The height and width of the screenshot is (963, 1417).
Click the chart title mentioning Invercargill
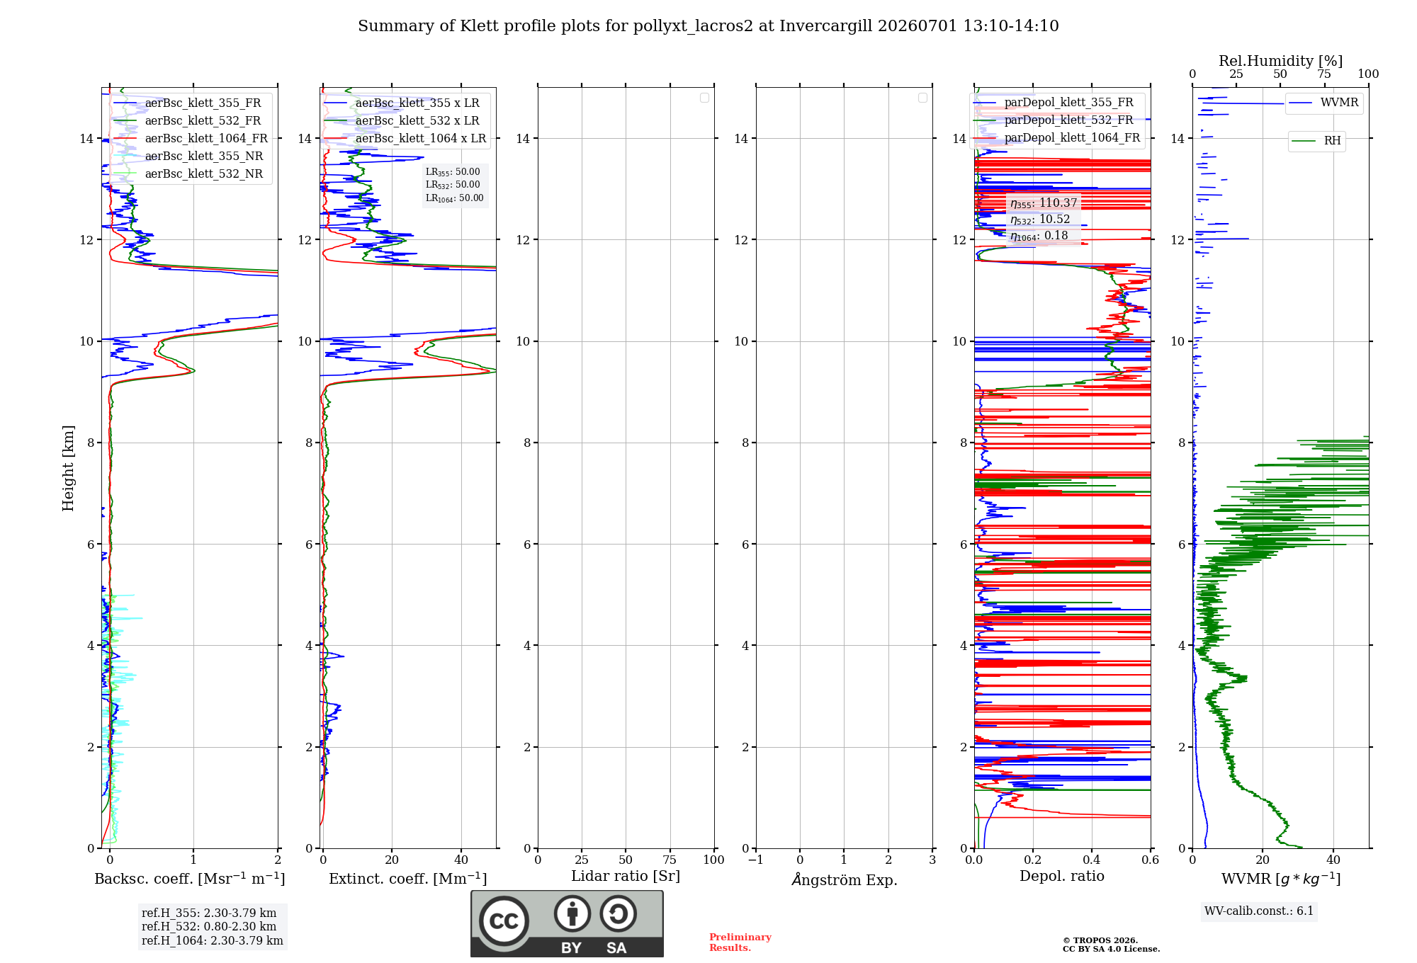click(708, 26)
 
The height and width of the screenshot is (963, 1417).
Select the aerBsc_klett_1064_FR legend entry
click(190, 138)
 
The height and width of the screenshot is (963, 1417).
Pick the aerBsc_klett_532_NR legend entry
click(188, 173)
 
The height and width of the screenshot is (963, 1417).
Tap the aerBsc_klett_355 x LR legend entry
click(402, 103)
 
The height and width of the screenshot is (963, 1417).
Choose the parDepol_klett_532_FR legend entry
click(1054, 120)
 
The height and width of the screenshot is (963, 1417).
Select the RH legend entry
click(1316, 141)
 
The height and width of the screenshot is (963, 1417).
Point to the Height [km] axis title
click(68, 468)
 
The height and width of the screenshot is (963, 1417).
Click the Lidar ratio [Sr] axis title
click(626, 876)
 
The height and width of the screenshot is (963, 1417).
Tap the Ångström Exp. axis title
click(845, 879)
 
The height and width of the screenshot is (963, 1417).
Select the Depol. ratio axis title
click(1062, 876)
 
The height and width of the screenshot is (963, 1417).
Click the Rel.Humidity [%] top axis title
click(1281, 61)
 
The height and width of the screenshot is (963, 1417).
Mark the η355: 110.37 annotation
click(1044, 203)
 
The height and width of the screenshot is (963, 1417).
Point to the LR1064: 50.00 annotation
click(454, 198)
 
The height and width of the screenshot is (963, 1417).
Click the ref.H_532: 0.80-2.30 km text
click(209, 926)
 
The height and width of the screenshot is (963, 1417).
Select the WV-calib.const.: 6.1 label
click(1259, 911)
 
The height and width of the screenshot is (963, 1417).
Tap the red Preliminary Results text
click(740, 942)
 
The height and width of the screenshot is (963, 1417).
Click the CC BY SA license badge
click(568, 924)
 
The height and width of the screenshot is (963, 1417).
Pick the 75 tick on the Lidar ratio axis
click(670, 860)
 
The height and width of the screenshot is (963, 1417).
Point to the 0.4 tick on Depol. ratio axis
click(1092, 860)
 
